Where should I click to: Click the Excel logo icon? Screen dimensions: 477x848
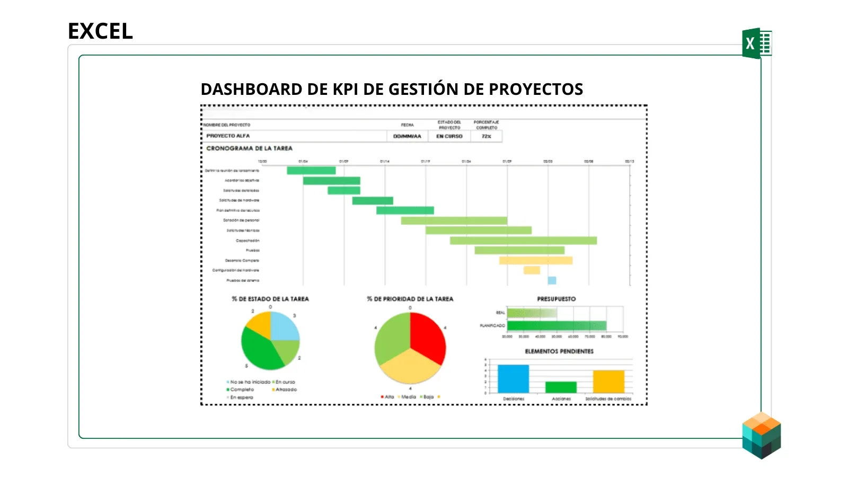pyautogui.click(x=756, y=43)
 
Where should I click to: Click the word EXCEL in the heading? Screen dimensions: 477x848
pyautogui.click(x=100, y=31)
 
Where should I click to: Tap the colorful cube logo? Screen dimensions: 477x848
pyautogui.click(x=762, y=435)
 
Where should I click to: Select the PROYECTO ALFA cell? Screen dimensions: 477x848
pyautogui.click(x=228, y=136)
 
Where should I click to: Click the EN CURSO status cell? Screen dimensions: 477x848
pyautogui.click(x=449, y=136)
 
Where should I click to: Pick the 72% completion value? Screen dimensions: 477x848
pyautogui.click(x=486, y=136)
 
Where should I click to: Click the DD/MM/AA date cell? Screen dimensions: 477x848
pyautogui.click(x=407, y=136)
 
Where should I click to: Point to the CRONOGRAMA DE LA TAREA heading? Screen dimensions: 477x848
pyautogui.click(x=249, y=148)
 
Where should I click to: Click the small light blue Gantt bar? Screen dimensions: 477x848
pyautogui.click(x=552, y=280)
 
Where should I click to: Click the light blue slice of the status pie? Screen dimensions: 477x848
pyautogui.click(x=284, y=325)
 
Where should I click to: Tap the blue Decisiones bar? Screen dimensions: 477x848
pyautogui.click(x=513, y=378)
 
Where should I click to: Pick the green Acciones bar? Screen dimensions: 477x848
pyautogui.click(x=561, y=387)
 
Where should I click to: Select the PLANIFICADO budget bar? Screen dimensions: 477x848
pyautogui.click(x=556, y=325)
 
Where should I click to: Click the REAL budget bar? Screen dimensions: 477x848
pyautogui.click(x=532, y=313)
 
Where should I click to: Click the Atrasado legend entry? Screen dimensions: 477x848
pyautogui.click(x=286, y=390)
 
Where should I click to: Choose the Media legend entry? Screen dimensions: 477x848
pyautogui.click(x=408, y=397)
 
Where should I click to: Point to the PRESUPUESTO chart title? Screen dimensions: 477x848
pyautogui.click(x=556, y=299)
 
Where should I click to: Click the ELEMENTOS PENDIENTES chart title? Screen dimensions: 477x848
pyautogui.click(x=559, y=351)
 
